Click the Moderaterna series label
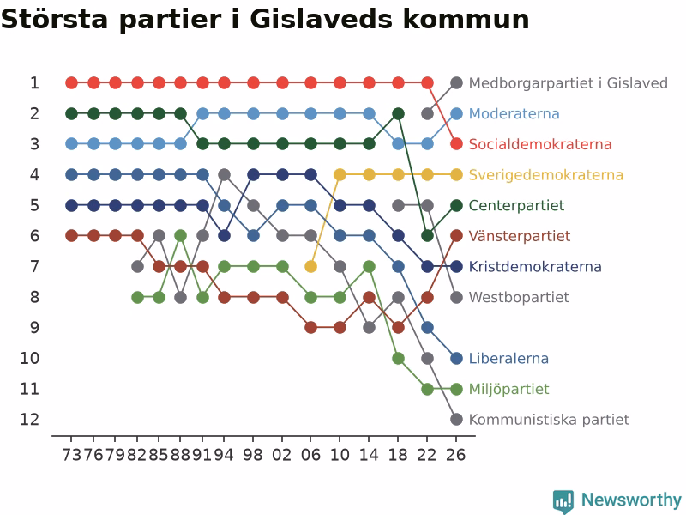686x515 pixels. point(514,114)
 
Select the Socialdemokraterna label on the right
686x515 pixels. point(540,144)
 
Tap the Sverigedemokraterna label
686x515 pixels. point(546,175)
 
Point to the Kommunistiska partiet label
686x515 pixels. point(549,420)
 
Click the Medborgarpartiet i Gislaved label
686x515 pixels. point(569,83)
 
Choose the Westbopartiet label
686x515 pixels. point(519,297)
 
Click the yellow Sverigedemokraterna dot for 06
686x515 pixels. point(310,266)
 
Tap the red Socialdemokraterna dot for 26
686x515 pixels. point(456,143)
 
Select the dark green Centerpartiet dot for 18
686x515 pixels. point(398,114)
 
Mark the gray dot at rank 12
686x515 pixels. point(456,419)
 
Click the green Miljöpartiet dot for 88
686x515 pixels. point(181,236)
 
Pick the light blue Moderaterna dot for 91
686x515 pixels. point(202,114)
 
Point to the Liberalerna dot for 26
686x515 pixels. point(456,358)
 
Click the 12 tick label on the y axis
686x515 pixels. point(30,420)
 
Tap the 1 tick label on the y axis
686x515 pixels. point(34,83)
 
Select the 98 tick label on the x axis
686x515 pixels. point(253,455)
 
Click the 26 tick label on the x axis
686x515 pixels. point(456,455)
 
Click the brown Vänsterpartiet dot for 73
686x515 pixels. point(72,236)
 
